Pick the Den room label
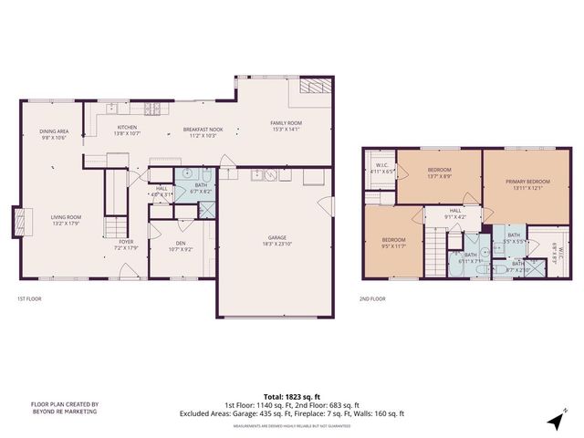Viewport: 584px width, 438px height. [179, 244]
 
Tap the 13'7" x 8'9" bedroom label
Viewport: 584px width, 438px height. [440, 172]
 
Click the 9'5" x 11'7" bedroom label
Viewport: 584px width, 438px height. [393, 242]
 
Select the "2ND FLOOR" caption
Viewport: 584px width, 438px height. [372, 298]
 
